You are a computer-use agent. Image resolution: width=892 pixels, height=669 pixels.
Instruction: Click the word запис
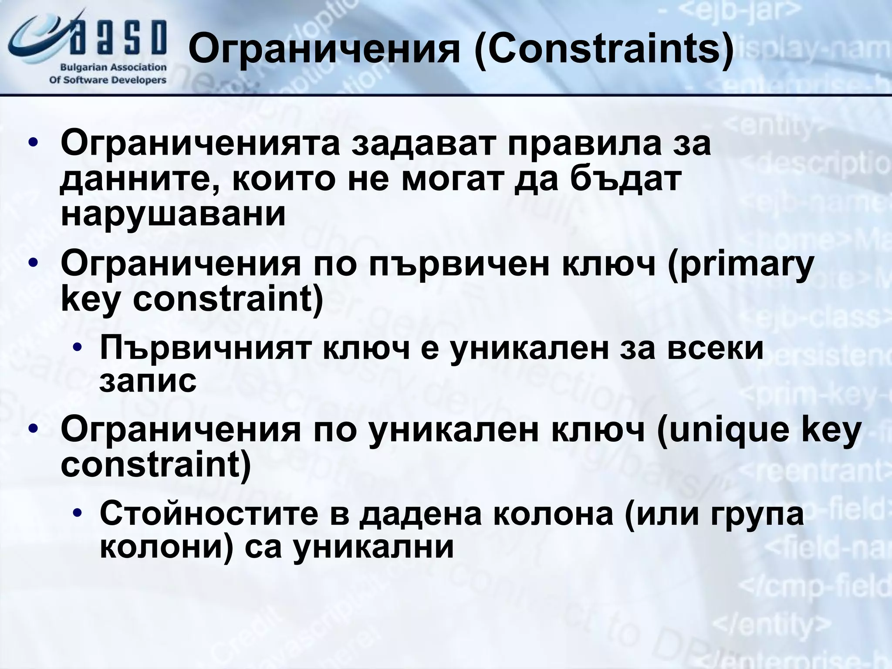click(148, 382)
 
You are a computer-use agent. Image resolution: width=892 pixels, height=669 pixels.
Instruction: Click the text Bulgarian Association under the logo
click(113, 68)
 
